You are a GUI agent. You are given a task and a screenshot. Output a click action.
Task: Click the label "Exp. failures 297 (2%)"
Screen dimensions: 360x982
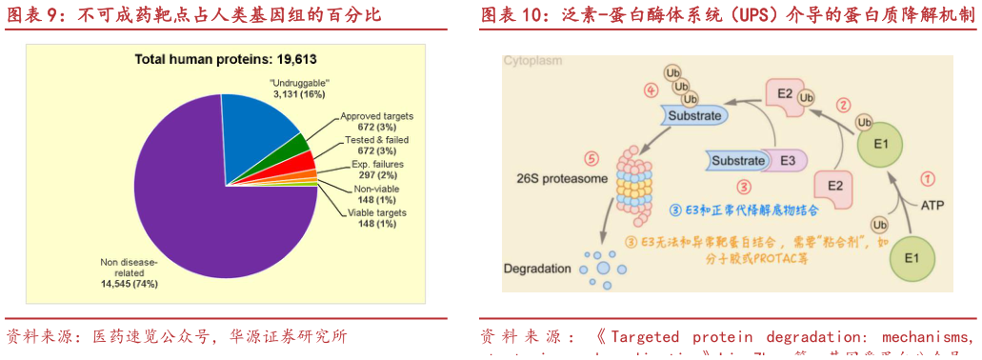(x=374, y=170)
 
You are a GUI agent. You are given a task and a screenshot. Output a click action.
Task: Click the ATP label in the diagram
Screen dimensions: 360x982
(x=932, y=206)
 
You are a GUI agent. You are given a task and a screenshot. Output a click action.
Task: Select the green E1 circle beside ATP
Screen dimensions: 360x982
(x=911, y=258)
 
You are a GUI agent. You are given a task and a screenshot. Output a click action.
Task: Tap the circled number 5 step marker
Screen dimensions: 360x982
(x=591, y=159)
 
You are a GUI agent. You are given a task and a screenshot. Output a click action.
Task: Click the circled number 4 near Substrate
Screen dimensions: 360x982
(x=651, y=90)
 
